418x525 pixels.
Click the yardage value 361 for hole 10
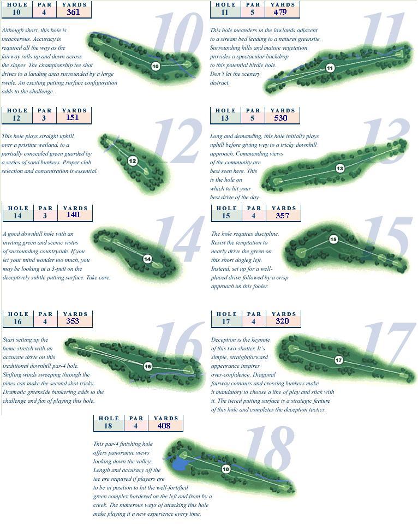coord(73,13)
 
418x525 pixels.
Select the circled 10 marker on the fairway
coord(156,66)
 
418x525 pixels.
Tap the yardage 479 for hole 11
coord(280,13)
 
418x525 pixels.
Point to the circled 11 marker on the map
coord(330,68)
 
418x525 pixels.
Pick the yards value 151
coord(72,118)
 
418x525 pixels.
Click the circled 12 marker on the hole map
coord(133,161)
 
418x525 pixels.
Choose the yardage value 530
coord(280,118)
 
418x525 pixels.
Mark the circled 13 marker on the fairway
coord(340,168)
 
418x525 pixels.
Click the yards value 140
coord(73,215)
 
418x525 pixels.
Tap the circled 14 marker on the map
coord(147,259)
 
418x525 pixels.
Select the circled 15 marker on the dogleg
coord(333,240)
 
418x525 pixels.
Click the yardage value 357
coord(283,216)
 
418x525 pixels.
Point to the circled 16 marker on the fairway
coord(147,367)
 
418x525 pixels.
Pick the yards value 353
coord(73,321)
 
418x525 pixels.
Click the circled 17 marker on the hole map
coord(339,360)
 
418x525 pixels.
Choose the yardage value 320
coord(282,321)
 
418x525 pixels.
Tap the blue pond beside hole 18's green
coord(181,464)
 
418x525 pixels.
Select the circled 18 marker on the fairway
coord(226,469)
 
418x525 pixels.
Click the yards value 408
coord(164,426)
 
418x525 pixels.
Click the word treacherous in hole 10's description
coord(15,39)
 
